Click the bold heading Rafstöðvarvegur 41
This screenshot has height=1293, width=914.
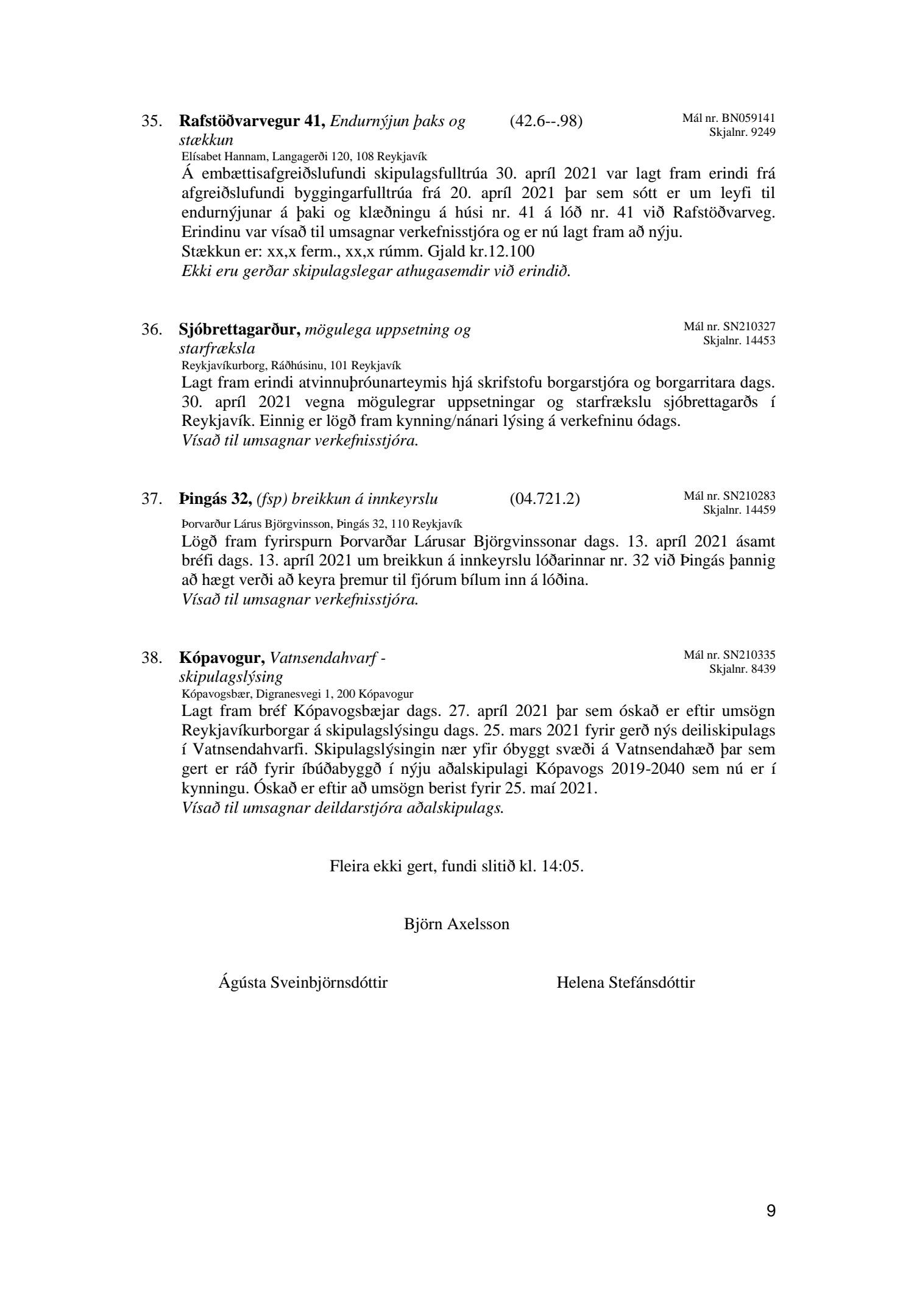pos(250,121)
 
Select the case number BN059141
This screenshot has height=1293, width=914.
pos(749,118)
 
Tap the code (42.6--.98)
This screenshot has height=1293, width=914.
pos(546,121)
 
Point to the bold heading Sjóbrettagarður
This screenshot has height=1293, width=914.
pos(240,330)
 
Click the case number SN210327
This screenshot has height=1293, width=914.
pos(749,327)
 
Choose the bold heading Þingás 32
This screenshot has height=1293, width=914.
pos(216,499)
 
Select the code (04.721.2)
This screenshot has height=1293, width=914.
pos(545,499)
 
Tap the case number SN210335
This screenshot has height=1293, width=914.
pos(749,655)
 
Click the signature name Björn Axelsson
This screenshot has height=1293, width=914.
pos(456,924)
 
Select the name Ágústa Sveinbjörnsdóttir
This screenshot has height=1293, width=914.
pos(302,982)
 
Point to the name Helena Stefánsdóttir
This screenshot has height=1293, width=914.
pos(625,982)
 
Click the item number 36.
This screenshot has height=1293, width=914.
pos(152,330)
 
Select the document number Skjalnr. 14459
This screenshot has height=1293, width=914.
pos(739,510)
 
